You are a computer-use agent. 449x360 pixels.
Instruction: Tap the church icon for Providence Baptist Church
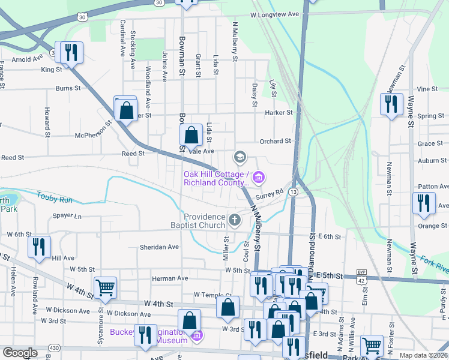pyautogui.click(x=235, y=221)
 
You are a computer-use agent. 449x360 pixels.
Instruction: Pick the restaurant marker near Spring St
pyautogui.click(x=391, y=104)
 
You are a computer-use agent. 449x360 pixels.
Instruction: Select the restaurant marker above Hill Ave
pyautogui.click(x=38, y=247)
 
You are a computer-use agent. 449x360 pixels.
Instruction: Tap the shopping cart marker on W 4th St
pyautogui.click(x=105, y=288)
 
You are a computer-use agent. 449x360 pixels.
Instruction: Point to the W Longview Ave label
pyautogui.click(x=274, y=14)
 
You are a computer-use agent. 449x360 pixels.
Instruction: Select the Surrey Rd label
pyautogui.click(x=268, y=194)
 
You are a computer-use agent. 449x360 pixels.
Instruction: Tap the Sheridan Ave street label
pyautogui.click(x=159, y=247)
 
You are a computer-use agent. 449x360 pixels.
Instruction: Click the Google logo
pyautogui.click(x=20, y=353)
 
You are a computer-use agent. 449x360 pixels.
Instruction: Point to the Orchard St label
pyautogui.click(x=275, y=141)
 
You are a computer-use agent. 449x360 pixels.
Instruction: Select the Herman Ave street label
pyautogui.click(x=170, y=278)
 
